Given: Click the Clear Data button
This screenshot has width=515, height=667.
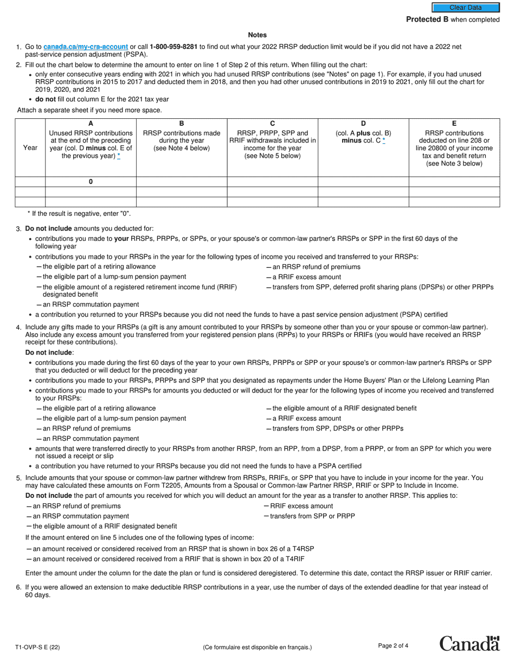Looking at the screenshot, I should tap(465, 8).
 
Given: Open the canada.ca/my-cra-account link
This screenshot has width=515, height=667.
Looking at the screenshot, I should tap(86, 47).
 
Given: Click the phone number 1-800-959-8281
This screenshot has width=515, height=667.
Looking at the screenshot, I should tap(173, 47).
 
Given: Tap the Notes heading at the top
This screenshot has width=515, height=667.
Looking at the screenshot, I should tap(257, 35).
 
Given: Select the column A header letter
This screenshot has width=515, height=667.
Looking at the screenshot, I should tap(91, 124).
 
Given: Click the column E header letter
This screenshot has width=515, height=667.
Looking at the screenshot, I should tap(454, 124).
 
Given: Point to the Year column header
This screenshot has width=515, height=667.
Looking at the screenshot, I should tap(30, 147).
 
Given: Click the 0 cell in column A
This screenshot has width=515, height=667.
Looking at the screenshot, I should tap(91, 182).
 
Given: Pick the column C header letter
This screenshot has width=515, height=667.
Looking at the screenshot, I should tap(272, 124).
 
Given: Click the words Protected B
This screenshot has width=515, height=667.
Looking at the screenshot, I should tap(427, 20).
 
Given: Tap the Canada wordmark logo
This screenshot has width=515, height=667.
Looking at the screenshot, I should tap(469, 644).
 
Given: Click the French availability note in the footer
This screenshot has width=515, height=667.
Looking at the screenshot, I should tap(257, 647).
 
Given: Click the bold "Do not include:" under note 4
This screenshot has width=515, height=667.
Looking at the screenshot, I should tap(49, 352).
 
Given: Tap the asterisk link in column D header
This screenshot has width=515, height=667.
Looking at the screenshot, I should tap(384, 141).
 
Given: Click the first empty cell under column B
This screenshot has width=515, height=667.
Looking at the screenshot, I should tap(182, 182).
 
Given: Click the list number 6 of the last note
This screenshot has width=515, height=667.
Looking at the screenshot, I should tap(19, 587).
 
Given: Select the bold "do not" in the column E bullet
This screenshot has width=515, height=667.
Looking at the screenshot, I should tap(46, 99).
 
